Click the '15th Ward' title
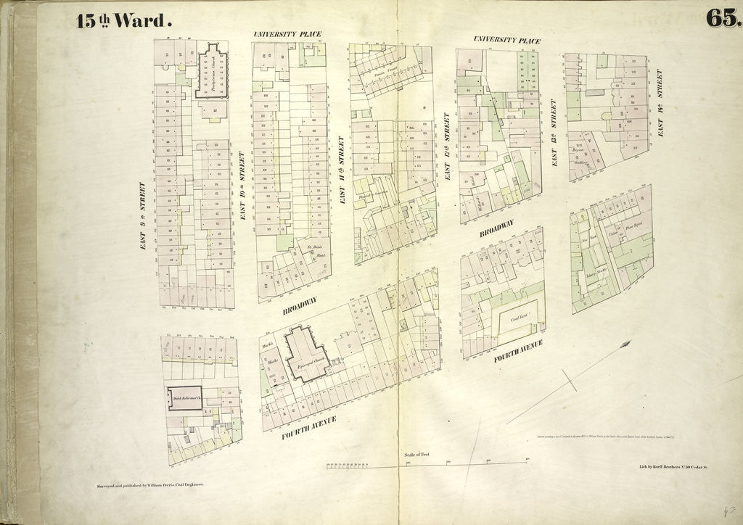pyautogui.click(x=123, y=20)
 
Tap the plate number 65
pyautogui.click(x=723, y=19)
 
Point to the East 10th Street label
pyautogui.click(x=242, y=186)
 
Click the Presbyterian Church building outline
pyautogui.click(x=211, y=72)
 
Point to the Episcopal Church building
pyautogui.click(x=305, y=355)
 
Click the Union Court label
pyautogui.click(x=382, y=73)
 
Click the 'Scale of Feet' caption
pyautogui.click(x=416, y=454)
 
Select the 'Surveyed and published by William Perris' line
pyautogui.click(x=150, y=484)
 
